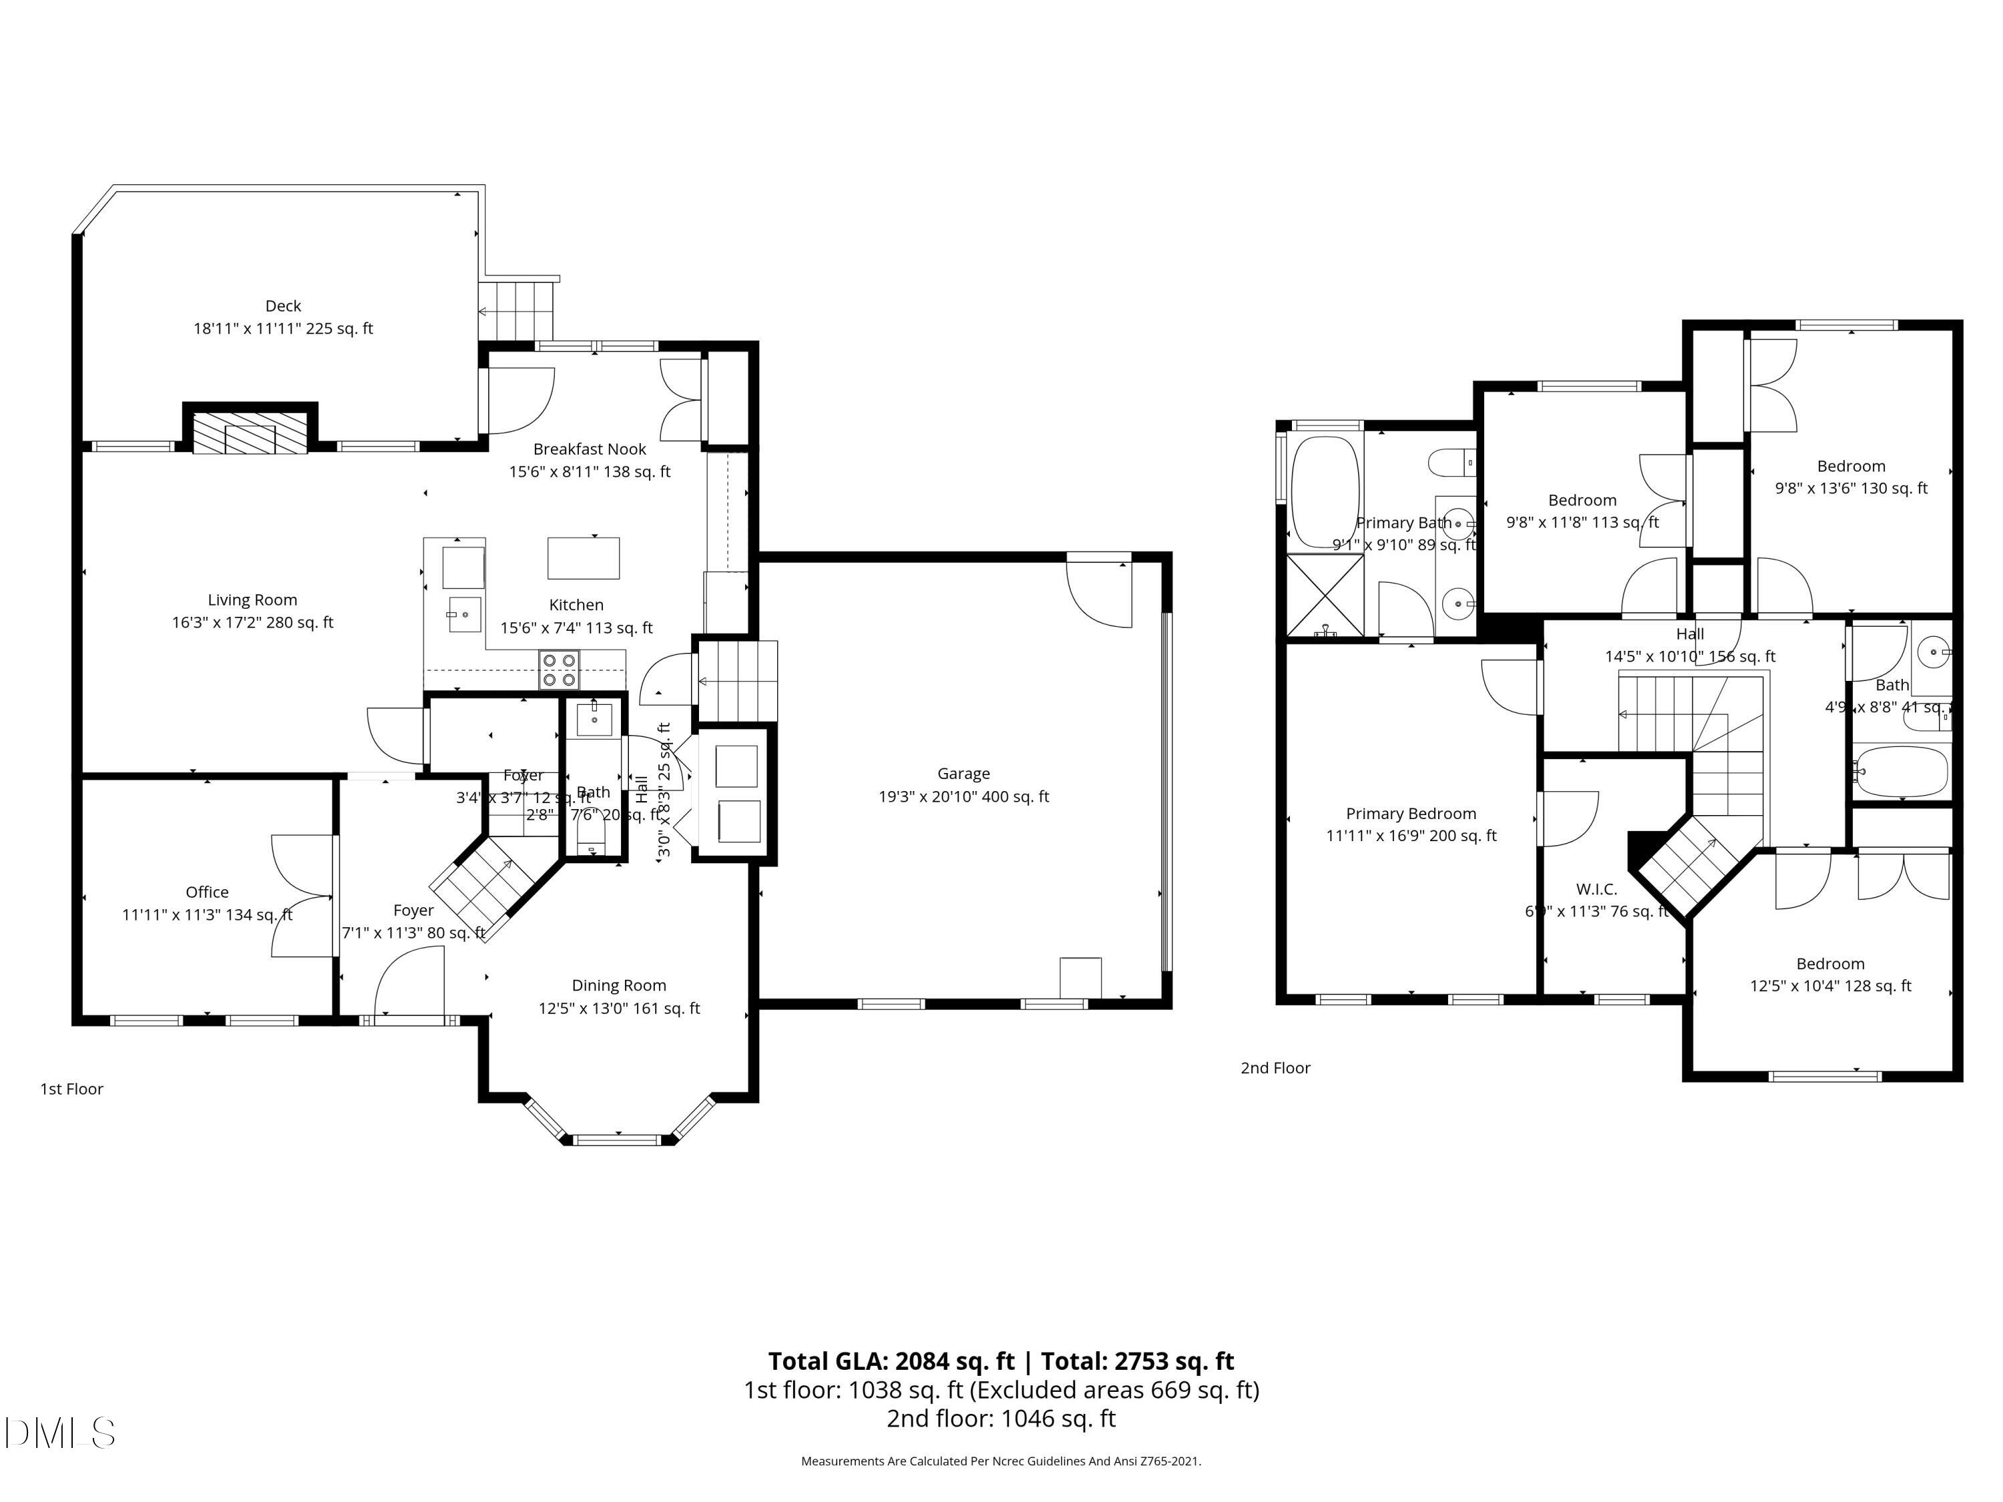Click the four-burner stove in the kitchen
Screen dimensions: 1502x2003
pos(559,670)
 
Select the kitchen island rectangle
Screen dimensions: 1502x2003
pos(583,557)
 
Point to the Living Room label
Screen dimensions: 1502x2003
pos(252,600)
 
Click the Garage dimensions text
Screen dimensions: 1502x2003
pos(963,796)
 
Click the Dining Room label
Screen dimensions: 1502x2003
pos(618,986)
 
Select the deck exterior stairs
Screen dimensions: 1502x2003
pos(516,310)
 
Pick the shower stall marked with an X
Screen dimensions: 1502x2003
pos(1325,594)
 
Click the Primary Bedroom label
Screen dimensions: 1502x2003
pos(1411,814)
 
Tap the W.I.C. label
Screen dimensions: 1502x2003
pos(1596,890)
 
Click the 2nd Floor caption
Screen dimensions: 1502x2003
pos(1275,1068)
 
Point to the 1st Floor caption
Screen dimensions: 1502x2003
pos(71,1089)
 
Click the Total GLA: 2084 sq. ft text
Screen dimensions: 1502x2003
pos(891,1362)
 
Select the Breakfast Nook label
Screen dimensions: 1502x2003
pos(590,449)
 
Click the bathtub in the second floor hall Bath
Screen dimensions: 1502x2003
pos(1899,772)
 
